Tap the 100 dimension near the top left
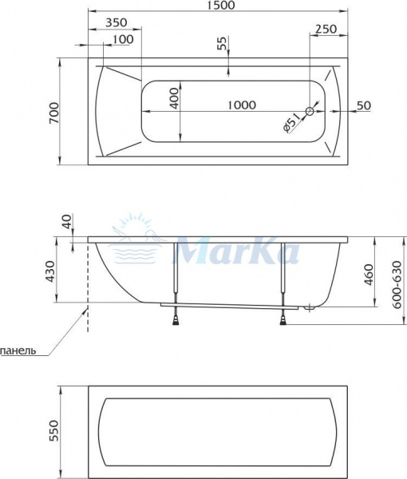coord(123,40)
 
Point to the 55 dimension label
coord(222,45)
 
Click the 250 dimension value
coord(326,29)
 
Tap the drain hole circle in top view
coord(312,111)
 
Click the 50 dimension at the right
coord(364,105)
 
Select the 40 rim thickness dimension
coord(65,220)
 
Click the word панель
coord(18,350)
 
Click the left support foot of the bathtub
coord(175,320)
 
